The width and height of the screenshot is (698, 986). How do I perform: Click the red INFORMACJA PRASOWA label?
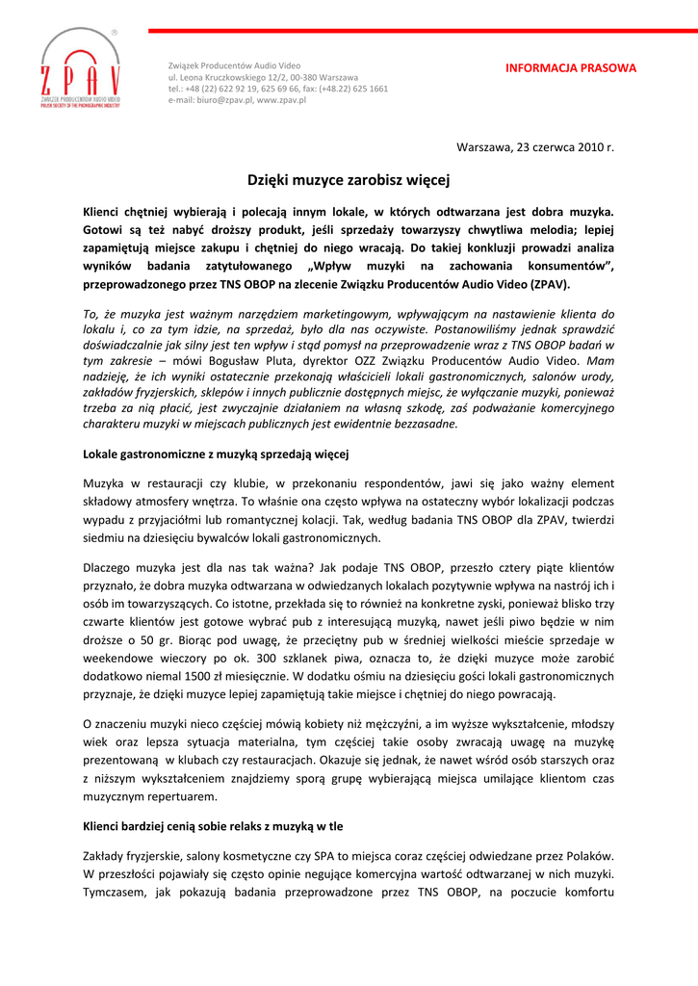571,68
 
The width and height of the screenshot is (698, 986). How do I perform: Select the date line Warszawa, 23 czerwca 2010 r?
534,147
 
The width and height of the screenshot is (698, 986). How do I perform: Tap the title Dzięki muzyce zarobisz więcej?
349,179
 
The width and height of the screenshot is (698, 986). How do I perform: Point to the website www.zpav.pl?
281,100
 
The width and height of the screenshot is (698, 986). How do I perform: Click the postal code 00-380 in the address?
305,77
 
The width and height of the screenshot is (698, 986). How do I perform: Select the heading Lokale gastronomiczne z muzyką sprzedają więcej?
216,453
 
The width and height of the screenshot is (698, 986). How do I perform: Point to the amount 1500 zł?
188,676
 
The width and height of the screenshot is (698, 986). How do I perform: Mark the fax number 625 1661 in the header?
367,89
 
